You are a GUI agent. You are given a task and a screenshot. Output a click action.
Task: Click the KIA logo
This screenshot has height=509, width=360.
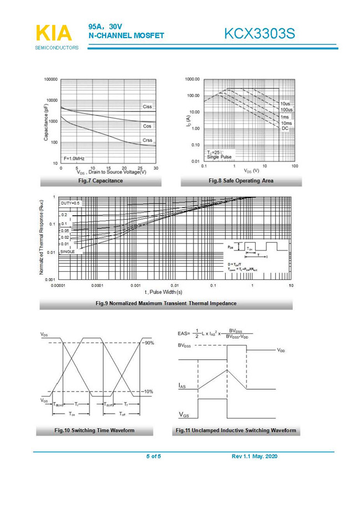point(54,33)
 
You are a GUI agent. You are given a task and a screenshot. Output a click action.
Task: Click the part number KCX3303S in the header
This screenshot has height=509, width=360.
point(259,34)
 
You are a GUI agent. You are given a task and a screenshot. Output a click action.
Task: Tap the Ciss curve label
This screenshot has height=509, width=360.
point(147,106)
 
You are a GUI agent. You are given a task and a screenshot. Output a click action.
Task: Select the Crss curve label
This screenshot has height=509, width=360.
point(147,140)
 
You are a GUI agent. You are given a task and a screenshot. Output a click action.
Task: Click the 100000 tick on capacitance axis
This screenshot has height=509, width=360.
point(50,79)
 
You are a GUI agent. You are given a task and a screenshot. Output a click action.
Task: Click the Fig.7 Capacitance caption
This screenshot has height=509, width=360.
point(100,181)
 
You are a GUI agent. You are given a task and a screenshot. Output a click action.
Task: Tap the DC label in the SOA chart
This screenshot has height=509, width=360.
point(285,128)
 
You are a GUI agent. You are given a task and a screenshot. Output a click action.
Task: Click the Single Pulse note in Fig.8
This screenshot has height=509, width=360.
point(219,157)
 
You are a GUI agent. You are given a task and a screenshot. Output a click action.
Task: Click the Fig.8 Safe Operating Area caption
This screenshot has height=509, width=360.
point(241,181)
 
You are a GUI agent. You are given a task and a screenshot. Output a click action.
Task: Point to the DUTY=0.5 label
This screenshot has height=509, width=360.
point(70,203)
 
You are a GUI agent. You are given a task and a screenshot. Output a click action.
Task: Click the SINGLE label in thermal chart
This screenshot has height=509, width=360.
point(68,252)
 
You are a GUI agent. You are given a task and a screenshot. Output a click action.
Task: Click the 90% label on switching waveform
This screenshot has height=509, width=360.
point(148,344)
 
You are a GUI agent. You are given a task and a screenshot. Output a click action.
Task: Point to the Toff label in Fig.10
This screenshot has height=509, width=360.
point(123,414)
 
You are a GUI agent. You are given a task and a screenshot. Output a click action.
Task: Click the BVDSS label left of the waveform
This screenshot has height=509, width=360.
point(186,345)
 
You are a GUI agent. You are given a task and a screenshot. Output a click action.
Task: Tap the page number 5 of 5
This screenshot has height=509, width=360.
point(154,456)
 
